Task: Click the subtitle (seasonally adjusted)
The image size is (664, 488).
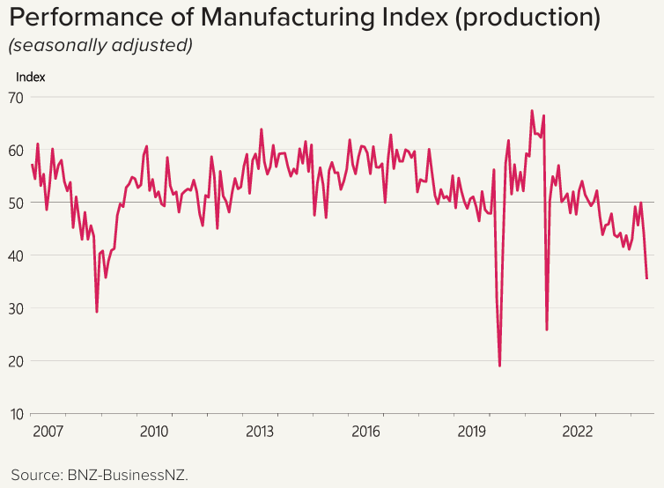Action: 100,45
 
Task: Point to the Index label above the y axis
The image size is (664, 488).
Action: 31,77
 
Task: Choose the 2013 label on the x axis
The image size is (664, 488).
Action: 259,432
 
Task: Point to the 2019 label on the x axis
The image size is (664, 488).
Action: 472,432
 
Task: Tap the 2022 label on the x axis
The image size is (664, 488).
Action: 578,432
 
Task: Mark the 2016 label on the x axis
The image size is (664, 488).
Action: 365,432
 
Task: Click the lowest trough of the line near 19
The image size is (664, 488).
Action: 499,366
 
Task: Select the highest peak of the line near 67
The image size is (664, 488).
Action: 532,111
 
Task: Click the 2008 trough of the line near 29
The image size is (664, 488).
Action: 97,312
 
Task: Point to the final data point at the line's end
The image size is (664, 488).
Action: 647,278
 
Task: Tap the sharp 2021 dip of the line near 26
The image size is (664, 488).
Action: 547,329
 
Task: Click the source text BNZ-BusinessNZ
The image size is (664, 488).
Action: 128,475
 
